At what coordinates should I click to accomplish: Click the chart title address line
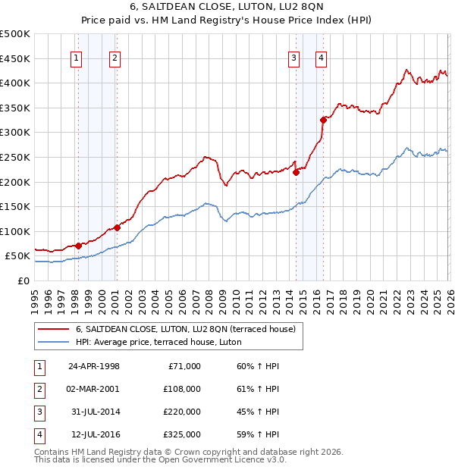tap(227, 7)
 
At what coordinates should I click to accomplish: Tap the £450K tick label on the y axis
tap(14, 58)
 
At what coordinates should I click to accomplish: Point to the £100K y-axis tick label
tap(14, 231)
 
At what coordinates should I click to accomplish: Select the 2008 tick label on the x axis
tap(209, 295)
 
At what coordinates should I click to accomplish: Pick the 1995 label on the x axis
tap(35, 295)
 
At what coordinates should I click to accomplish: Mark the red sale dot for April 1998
tap(79, 246)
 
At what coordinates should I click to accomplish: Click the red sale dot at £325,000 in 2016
tap(323, 119)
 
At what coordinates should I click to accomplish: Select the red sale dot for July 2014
tap(297, 172)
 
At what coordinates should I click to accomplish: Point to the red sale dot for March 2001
tap(118, 227)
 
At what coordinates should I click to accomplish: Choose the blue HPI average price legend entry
tap(158, 342)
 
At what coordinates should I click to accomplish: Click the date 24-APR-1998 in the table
tap(94, 366)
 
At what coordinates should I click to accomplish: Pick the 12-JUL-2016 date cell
tap(93, 434)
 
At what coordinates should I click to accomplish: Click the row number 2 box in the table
tap(38, 389)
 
